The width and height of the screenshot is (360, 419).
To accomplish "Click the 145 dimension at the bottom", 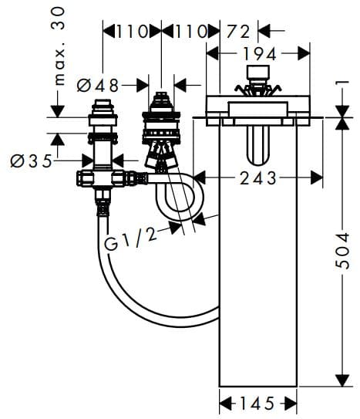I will [258, 403].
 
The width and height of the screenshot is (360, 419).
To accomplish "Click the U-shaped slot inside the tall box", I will [258, 144].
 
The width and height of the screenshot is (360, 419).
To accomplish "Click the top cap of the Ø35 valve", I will [102, 106].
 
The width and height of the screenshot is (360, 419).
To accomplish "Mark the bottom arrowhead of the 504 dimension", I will [339, 382].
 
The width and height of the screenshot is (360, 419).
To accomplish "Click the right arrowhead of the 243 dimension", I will [317, 177].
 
